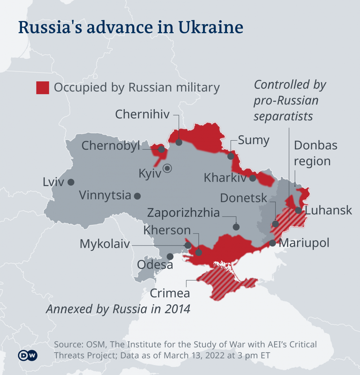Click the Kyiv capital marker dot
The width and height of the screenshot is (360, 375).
pos(168,168)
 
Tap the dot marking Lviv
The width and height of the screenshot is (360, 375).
pos(71,182)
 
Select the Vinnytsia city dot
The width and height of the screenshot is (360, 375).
pos(137,196)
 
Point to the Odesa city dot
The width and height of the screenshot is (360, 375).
pos(170,256)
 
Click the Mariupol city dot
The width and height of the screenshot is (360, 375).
pos(272,243)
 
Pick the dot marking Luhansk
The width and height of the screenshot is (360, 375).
pos(299,210)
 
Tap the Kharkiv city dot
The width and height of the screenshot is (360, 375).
pos(253,178)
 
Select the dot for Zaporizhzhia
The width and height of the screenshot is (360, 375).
pos(236,227)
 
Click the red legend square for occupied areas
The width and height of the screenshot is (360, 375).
pos(42,88)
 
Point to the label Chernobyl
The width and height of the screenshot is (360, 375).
pos(111,146)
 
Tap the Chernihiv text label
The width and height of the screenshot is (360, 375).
pos(142,114)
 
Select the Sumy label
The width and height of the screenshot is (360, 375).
pos(253,140)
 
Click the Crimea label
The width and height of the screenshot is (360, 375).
pos(170,293)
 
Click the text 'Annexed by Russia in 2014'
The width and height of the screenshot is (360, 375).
pos(118,309)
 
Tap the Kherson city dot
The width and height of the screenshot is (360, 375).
pos(198,252)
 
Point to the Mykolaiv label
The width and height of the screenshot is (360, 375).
pos(105,244)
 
